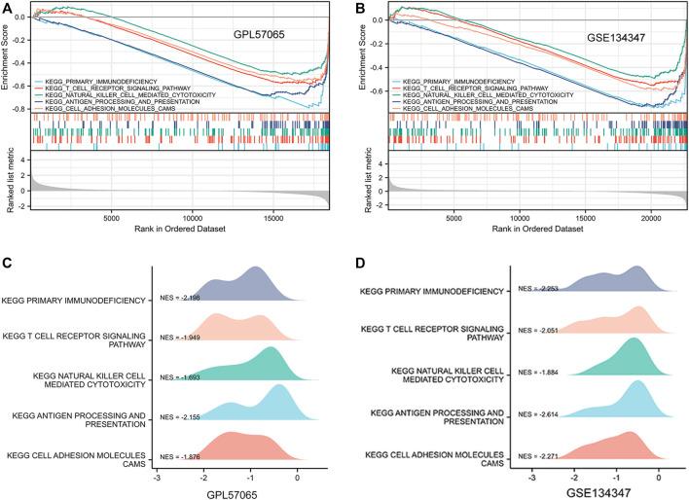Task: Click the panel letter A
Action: (7, 8)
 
